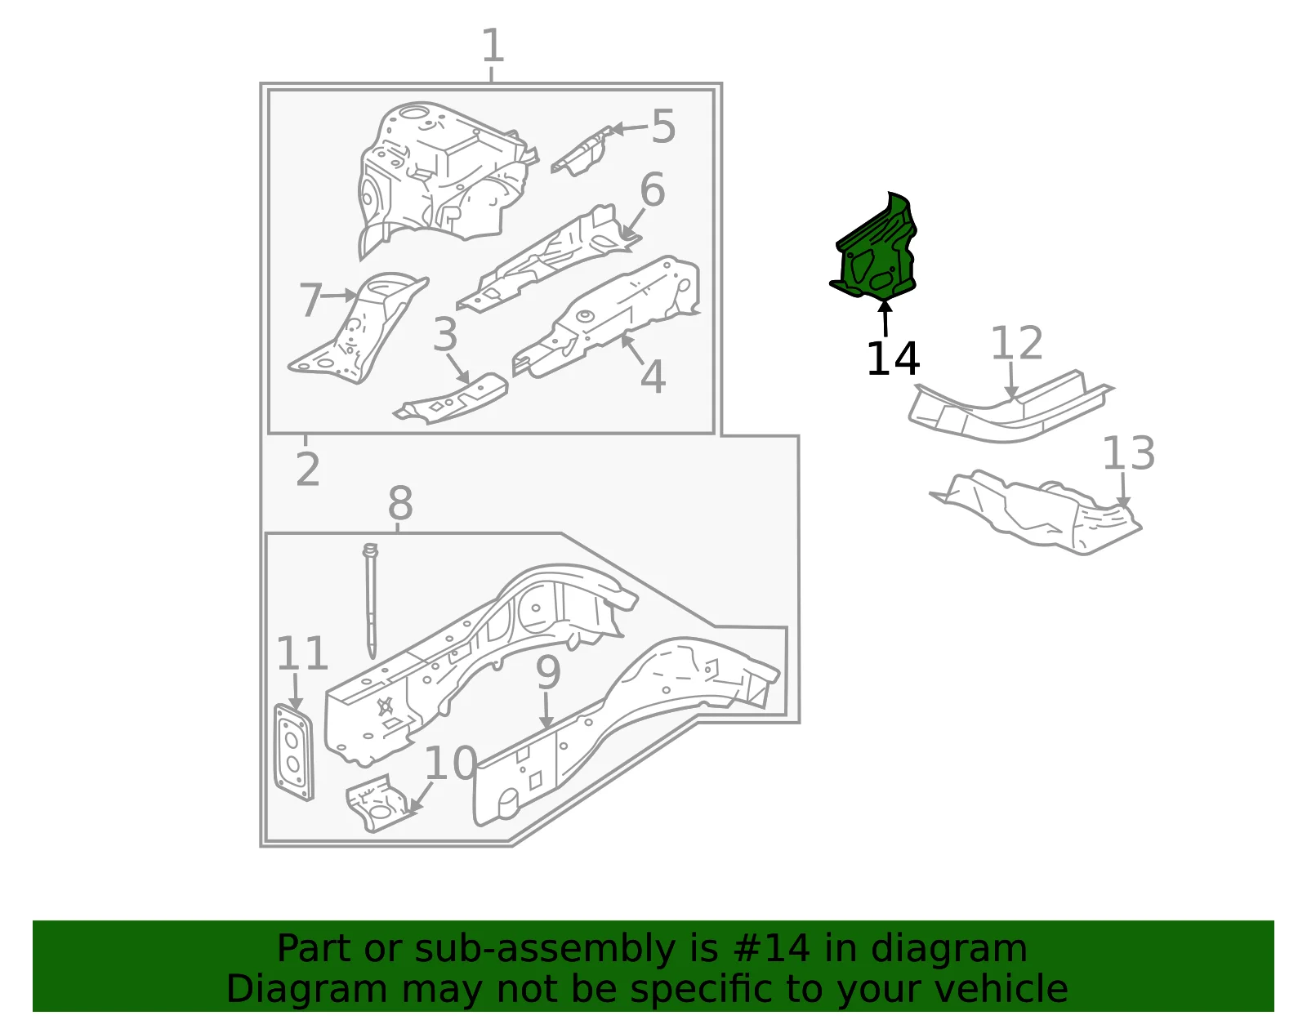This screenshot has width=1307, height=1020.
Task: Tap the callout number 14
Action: [x=893, y=359]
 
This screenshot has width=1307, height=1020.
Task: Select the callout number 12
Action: [x=1016, y=343]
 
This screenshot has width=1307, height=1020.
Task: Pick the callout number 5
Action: [x=663, y=127]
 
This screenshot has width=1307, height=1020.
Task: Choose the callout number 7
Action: [x=311, y=300]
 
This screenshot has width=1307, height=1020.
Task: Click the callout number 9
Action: [x=548, y=673]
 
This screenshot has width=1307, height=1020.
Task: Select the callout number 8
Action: [x=400, y=502]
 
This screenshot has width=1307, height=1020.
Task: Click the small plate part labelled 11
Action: [x=293, y=753]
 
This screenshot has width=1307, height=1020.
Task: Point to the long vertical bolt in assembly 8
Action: [x=371, y=601]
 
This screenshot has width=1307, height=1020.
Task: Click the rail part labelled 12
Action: [x=1010, y=408]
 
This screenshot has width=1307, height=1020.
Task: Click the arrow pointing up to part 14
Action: [x=885, y=318]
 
